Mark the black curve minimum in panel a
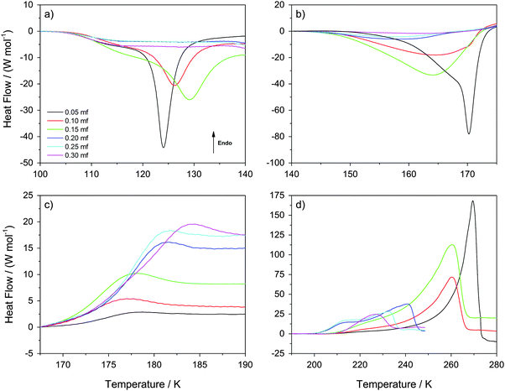click(164, 147)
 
